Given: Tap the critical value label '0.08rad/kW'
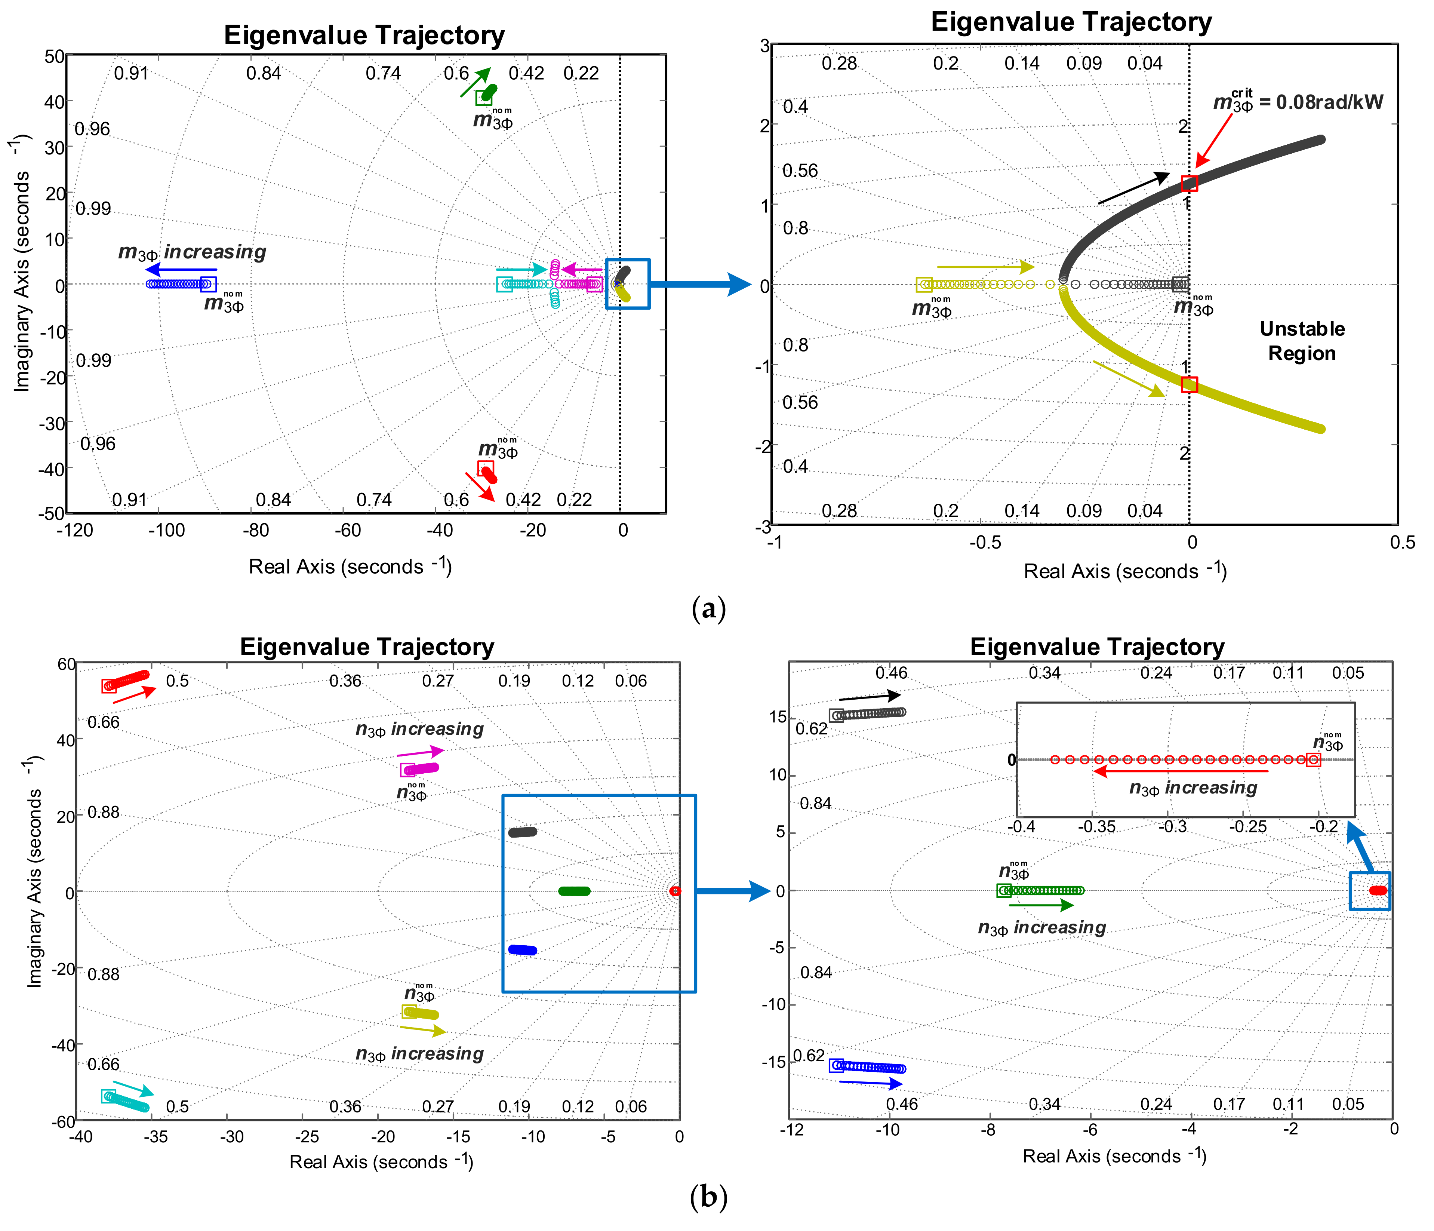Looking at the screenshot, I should tap(1329, 102).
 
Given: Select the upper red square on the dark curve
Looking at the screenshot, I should tap(1189, 183).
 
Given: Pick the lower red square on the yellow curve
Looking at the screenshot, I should tap(1189, 384).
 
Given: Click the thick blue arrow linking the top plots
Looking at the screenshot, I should tap(699, 284).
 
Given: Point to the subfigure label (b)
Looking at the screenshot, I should tap(709, 1196).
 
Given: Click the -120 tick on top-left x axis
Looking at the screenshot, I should tap(75, 530).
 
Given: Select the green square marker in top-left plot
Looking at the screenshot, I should tap(484, 98).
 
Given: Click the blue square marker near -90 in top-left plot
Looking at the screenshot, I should tap(208, 284).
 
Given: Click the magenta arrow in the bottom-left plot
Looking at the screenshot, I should tap(420, 753).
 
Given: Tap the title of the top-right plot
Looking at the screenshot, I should tap(1071, 22).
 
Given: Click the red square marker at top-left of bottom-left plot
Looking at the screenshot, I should tap(109, 685).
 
